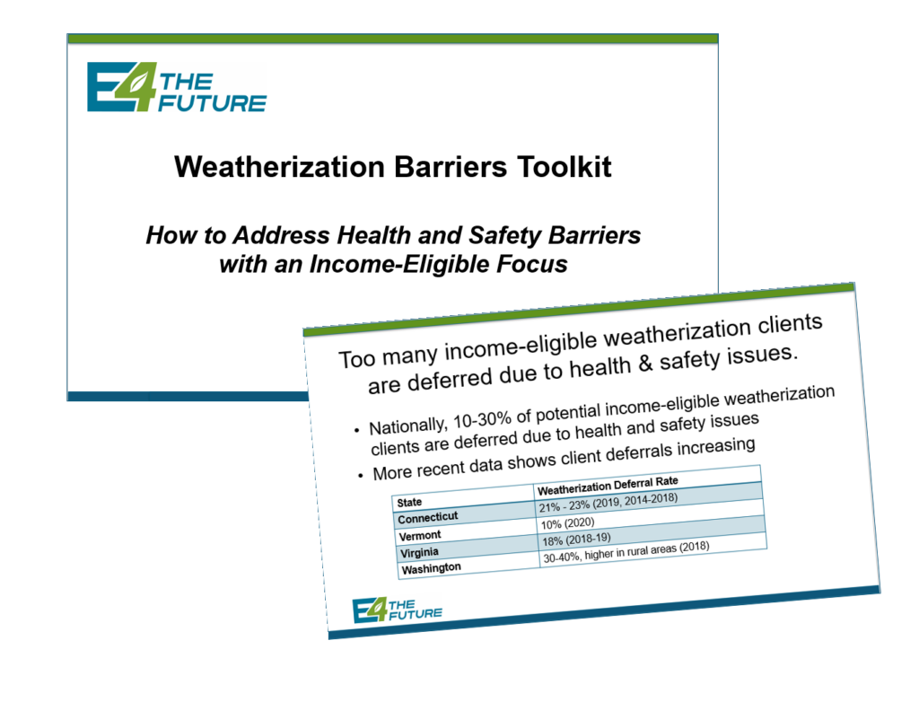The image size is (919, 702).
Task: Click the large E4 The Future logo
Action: pyautogui.click(x=177, y=87)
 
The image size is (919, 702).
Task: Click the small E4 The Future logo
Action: pyautogui.click(x=398, y=610)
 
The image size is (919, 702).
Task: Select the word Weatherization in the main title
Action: pyautogui.click(x=280, y=167)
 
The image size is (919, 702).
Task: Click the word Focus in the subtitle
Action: pyautogui.click(x=532, y=264)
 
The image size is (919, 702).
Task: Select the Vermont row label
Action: pyautogui.click(x=420, y=535)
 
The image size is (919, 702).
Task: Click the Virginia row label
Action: pyautogui.click(x=419, y=552)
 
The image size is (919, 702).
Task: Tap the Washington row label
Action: pyautogui.click(x=432, y=568)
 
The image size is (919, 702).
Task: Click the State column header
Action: pyautogui.click(x=409, y=503)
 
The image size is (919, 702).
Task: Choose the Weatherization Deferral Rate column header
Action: pyautogui.click(x=608, y=485)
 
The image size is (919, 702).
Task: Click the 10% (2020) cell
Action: pyautogui.click(x=567, y=522)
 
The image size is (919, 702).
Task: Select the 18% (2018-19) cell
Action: pyautogui.click(x=576, y=539)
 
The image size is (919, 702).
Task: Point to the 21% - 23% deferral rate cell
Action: pyautogui.click(x=608, y=503)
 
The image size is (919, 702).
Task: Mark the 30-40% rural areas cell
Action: pyautogui.click(x=626, y=552)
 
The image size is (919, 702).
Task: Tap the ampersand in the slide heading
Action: pyautogui.click(x=644, y=364)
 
